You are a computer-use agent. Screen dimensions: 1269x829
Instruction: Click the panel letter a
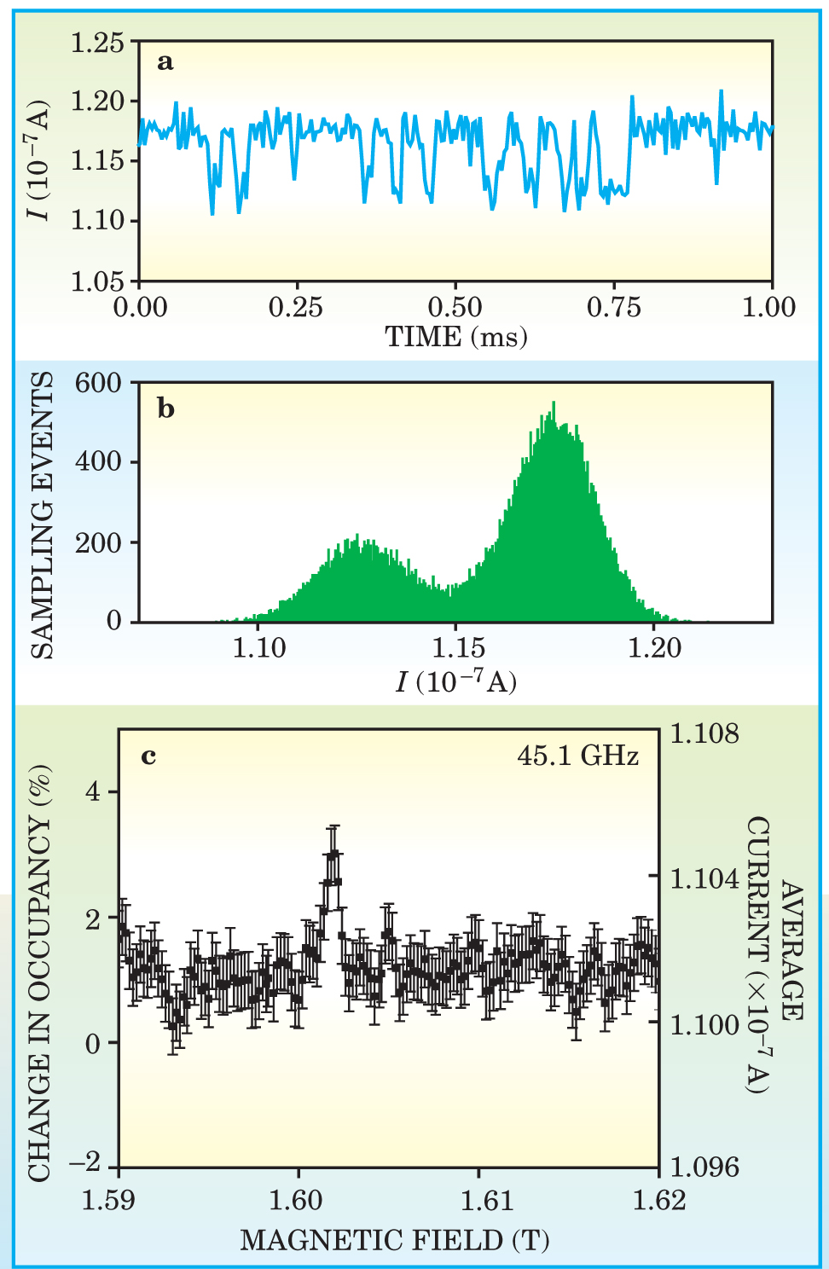coord(165,62)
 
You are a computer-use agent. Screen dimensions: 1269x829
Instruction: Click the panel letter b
coord(166,409)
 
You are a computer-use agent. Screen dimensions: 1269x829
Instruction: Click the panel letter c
coord(149,756)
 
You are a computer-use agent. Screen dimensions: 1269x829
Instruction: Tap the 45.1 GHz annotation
coord(577,756)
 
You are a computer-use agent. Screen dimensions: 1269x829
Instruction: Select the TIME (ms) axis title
coord(456,338)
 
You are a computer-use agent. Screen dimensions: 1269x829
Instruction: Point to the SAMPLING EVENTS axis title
coord(43,514)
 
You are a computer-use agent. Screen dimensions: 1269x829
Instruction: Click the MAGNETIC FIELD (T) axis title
coord(394,1240)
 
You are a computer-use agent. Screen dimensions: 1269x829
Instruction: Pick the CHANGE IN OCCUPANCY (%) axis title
coord(40,972)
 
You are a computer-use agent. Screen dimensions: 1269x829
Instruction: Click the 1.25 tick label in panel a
coord(97,42)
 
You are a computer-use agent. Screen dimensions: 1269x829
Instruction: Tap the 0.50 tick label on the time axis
coord(455,308)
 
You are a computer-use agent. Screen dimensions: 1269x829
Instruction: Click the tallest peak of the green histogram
coord(554,404)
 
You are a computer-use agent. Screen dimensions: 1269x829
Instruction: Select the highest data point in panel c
coord(333,853)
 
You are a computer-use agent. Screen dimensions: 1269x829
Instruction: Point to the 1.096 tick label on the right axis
coord(704,1167)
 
